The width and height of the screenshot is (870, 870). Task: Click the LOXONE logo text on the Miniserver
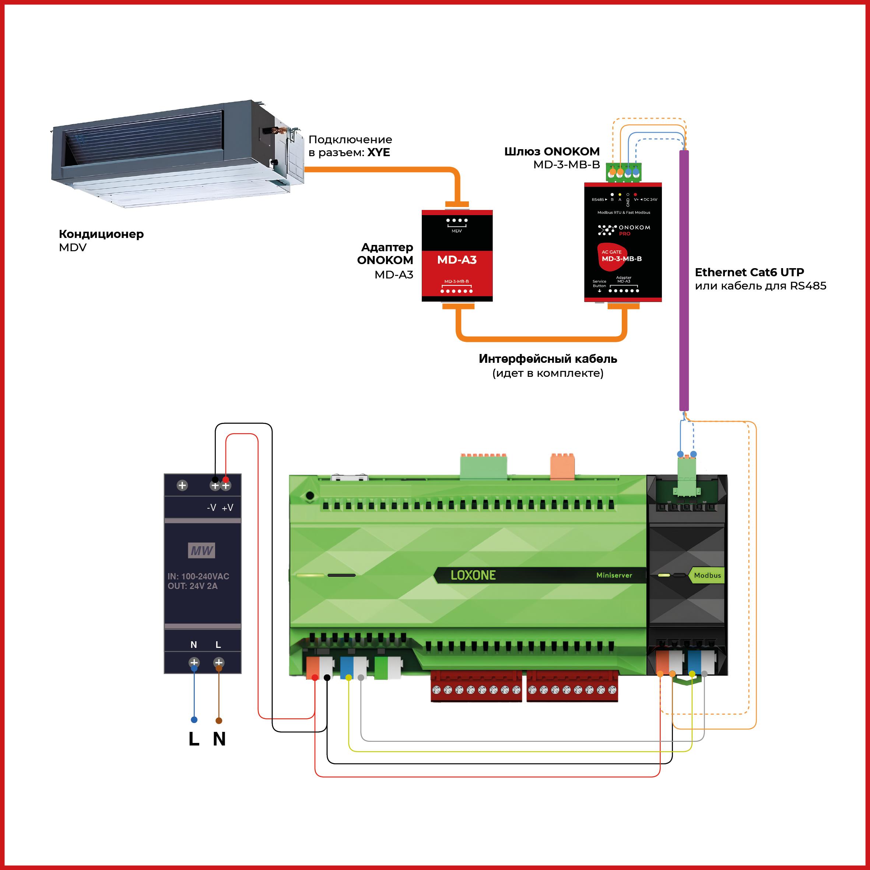point(473,575)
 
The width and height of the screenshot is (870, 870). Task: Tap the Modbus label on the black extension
point(707,575)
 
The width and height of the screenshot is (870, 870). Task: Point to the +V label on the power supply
point(227,508)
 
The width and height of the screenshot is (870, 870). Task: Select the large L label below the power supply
point(194,739)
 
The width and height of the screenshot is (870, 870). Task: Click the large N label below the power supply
point(219,739)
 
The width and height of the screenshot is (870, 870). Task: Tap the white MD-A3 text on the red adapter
point(457,260)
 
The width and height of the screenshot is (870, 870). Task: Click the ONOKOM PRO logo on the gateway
point(624,230)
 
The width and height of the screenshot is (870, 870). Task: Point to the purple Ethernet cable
point(684,279)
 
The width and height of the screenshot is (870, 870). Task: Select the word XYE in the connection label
point(378,152)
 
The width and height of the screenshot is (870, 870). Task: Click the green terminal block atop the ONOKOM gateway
point(624,172)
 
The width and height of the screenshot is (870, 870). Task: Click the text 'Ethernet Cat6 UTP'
point(749,272)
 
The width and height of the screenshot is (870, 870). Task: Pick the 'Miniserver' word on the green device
point(614,575)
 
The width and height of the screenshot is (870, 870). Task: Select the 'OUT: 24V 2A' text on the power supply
point(193,586)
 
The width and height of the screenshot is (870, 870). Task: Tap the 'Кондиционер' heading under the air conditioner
point(101,234)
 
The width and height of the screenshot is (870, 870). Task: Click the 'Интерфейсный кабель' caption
point(548,359)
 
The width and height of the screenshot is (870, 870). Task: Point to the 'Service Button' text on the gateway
point(599,284)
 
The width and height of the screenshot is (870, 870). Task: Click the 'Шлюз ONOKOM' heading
point(552,151)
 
